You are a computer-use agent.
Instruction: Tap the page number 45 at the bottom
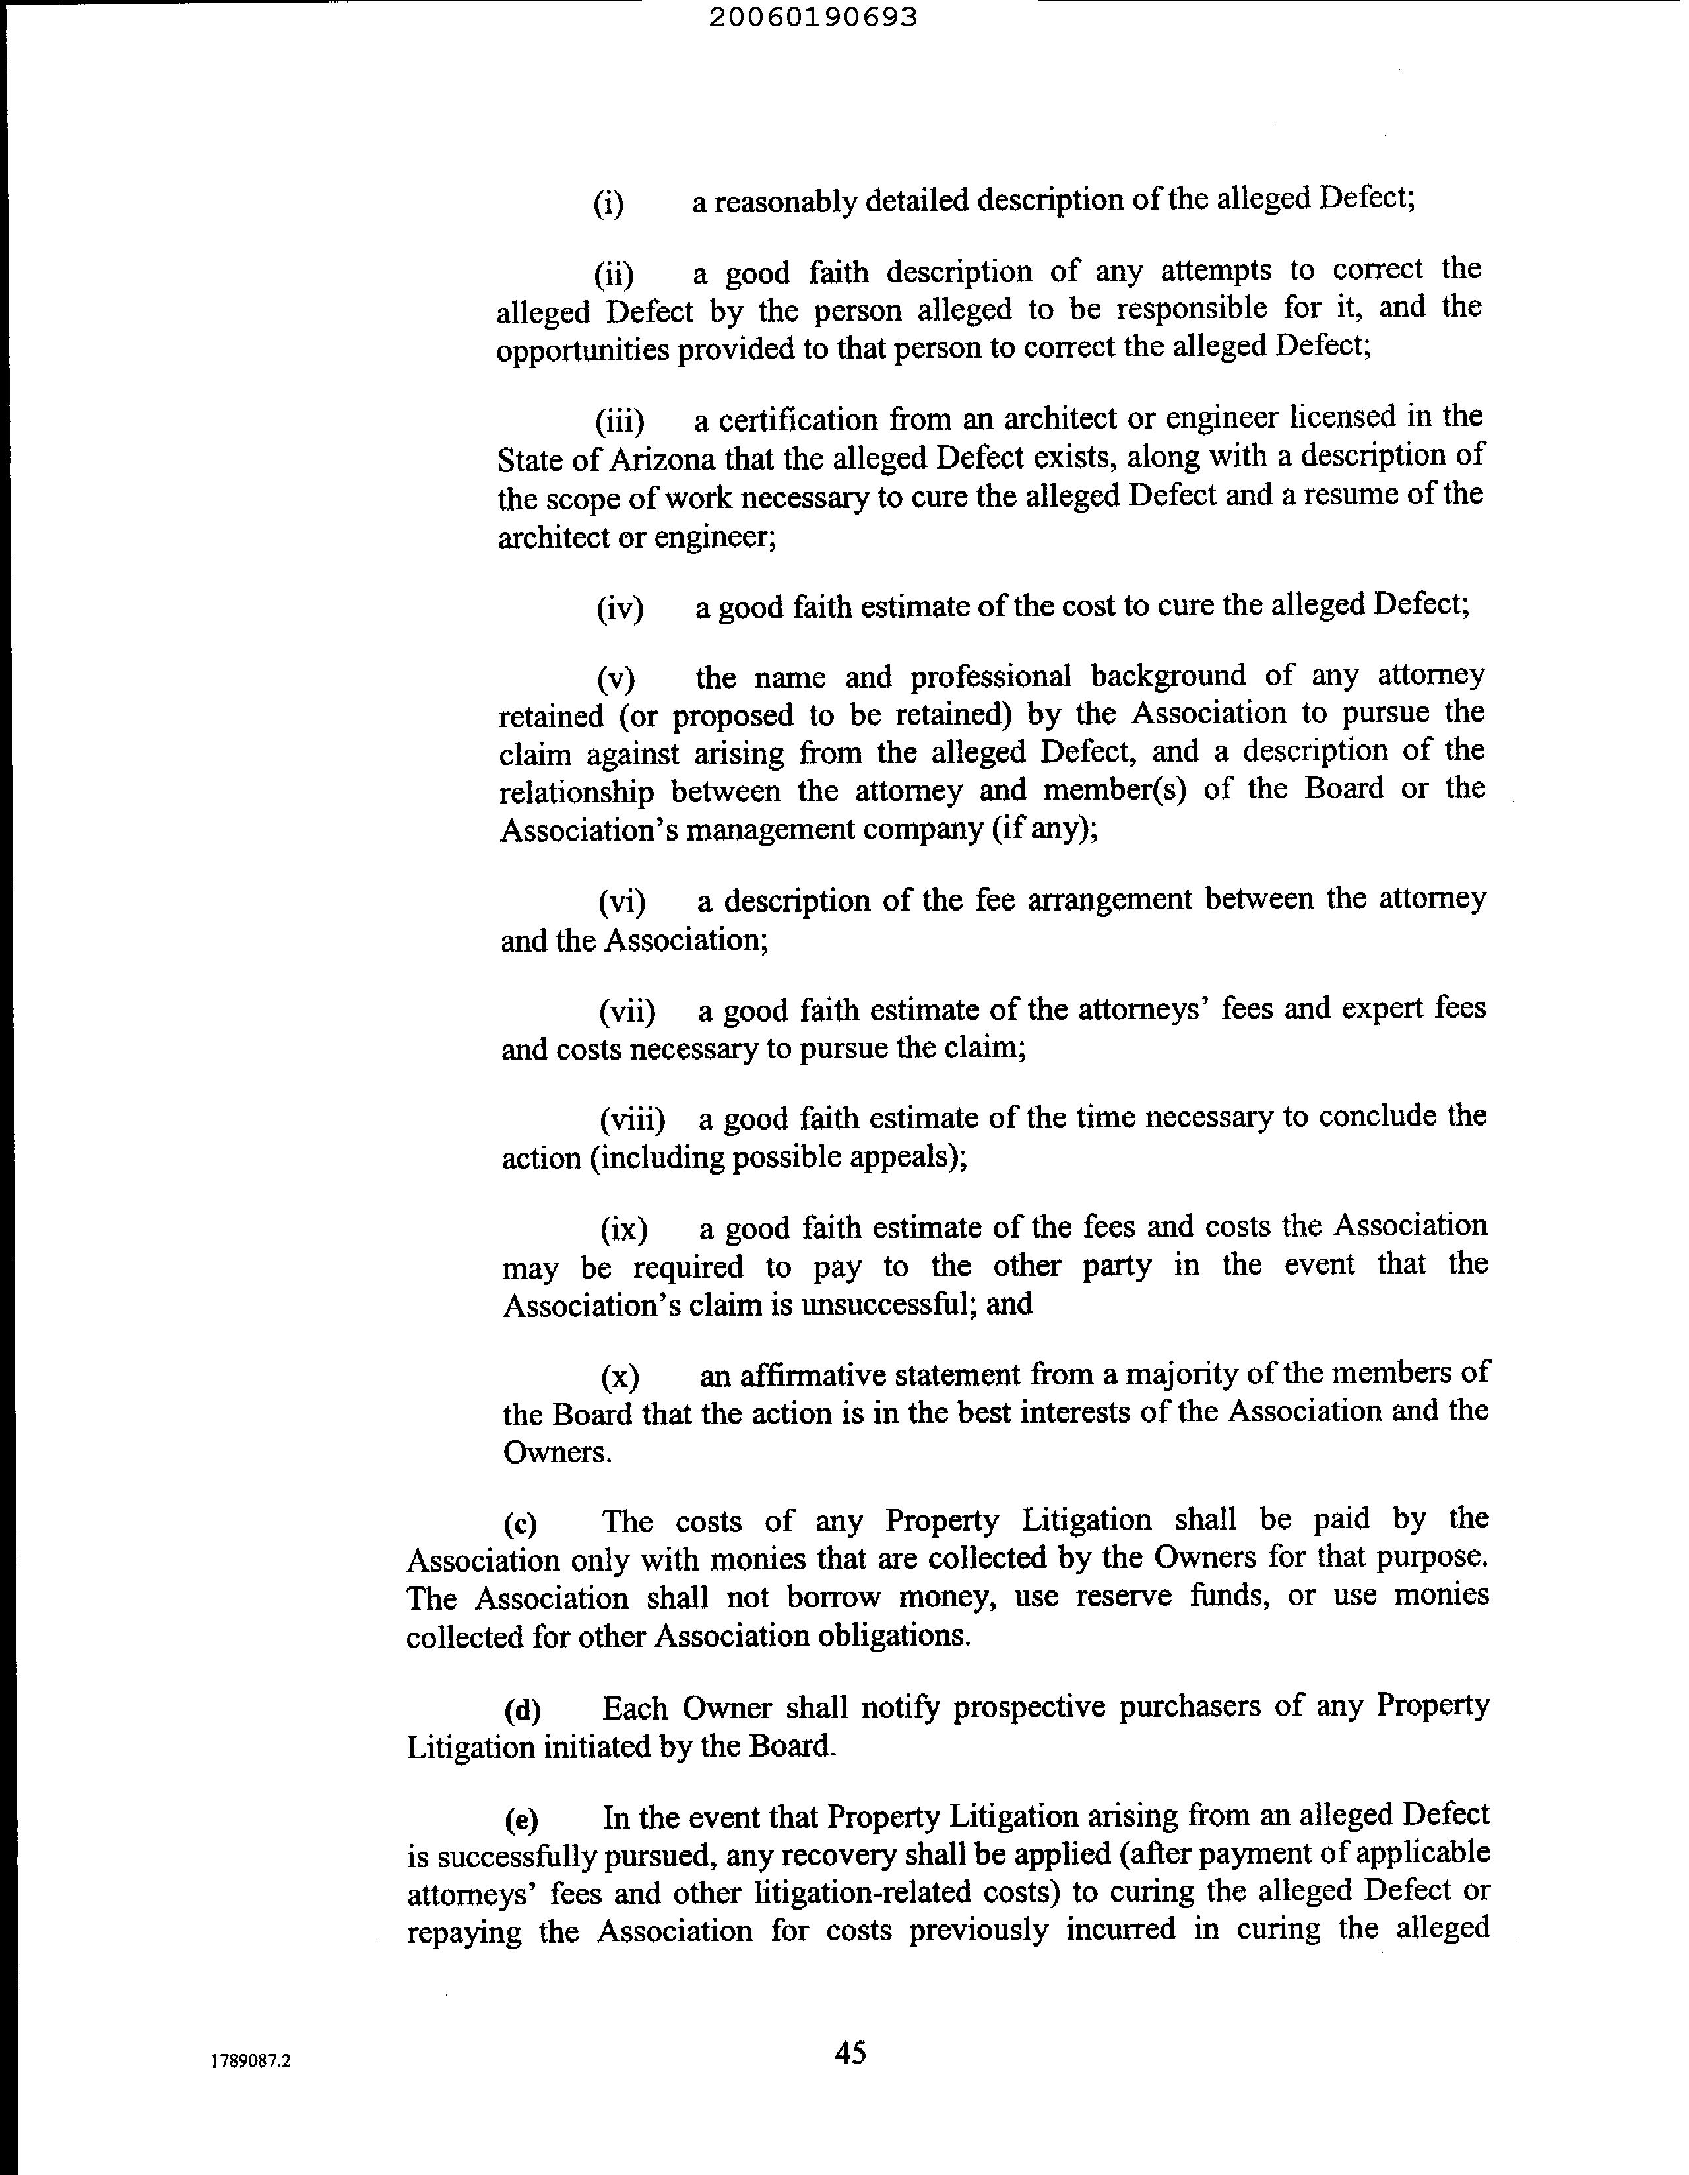pos(850,2052)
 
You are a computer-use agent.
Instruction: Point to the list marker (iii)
pos(620,421)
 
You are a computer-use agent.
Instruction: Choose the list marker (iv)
pos(620,608)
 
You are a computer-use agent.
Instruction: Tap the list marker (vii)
pos(626,1012)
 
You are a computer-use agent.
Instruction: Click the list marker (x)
pos(620,1377)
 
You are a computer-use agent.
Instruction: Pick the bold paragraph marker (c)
pos(520,1524)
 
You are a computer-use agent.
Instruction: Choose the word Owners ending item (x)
pos(556,1452)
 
